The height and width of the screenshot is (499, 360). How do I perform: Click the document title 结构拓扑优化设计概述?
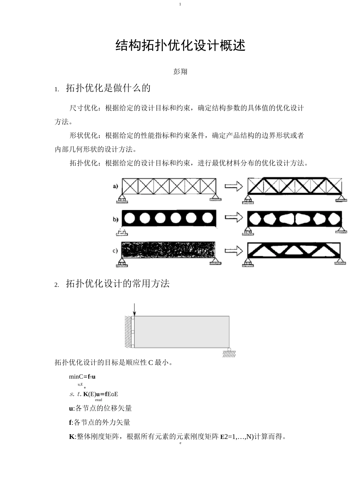[x=180, y=45]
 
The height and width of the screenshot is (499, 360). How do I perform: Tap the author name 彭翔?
[x=180, y=72]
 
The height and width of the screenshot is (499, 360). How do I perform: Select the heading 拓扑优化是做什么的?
[x=108, y=88]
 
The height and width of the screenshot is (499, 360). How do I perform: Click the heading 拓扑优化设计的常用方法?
[x=117, y=284]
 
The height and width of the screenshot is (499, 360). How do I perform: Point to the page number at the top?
[x=180, y=4]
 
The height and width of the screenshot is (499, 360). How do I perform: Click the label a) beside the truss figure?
[x=116, y=186]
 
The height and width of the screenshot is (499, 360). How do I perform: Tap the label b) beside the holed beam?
[x=116, y=219]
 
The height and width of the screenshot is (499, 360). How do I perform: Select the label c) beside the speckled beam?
[x=115, y=251]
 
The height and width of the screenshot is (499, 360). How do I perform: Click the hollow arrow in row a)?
[x=233, y=186]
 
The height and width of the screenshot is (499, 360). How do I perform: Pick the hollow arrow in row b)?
[x=233, y=217]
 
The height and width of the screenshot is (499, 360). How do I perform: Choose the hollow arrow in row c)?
[x=233, y=251]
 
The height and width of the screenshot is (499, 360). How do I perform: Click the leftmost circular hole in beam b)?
[x=130, y=218]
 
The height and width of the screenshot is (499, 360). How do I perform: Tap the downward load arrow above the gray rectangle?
[x=134, y=309]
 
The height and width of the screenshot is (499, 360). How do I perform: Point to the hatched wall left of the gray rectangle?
[x=128, y=332]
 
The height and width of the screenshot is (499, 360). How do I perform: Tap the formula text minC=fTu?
[x=82, y=377]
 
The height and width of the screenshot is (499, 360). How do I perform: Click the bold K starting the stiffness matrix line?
[x=72, y=437]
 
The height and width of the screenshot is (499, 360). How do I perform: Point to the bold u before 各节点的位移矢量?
[x=71, y=409]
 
